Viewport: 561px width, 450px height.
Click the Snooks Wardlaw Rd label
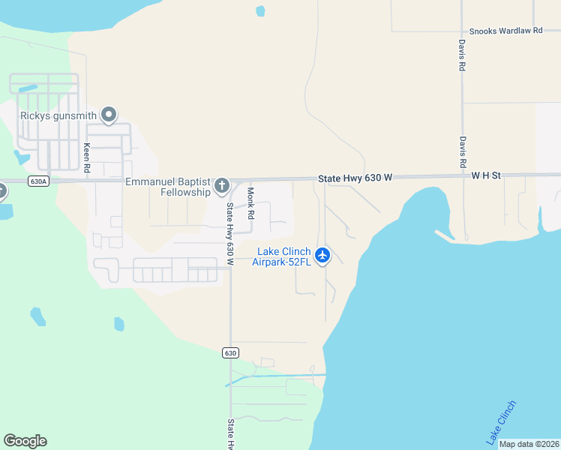coord(505,31)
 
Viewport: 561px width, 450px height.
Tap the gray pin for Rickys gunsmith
coord(109,115)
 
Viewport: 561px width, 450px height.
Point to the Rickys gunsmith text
coord(58,115)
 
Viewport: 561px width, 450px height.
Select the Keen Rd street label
coord(88,158)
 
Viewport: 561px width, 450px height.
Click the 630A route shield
coord(37,181)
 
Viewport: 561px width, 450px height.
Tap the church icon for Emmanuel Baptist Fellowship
coord(221,185)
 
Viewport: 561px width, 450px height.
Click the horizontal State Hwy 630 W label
coord(355,178)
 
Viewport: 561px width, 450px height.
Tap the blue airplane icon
coord(323,256)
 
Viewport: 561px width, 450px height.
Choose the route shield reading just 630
coord(230,352)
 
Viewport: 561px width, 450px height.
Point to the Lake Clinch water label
coord(501,421)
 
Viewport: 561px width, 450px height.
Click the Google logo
coord(25,441)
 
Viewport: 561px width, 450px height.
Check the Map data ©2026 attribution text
coord(528,444)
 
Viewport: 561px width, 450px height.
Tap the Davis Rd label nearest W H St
coord(463,151)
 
